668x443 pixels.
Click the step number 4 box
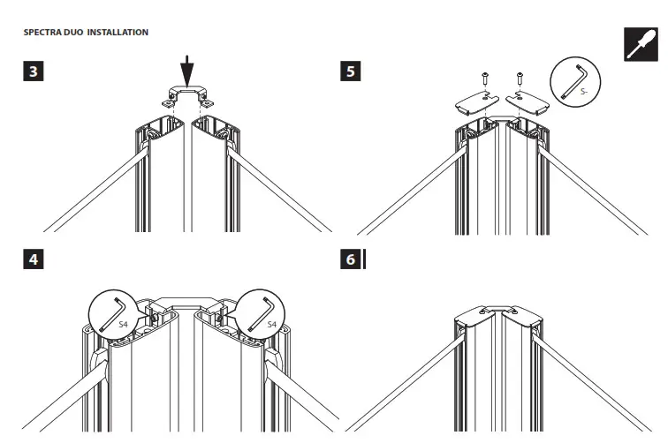pyautogui.click(x=34, y=261)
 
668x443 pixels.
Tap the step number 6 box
pyautogui.click(x=352, y=261)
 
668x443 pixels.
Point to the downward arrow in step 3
pyautogui.click(x=186, y=69)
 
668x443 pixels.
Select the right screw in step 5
pyautogui.click(x=519, y=86)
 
